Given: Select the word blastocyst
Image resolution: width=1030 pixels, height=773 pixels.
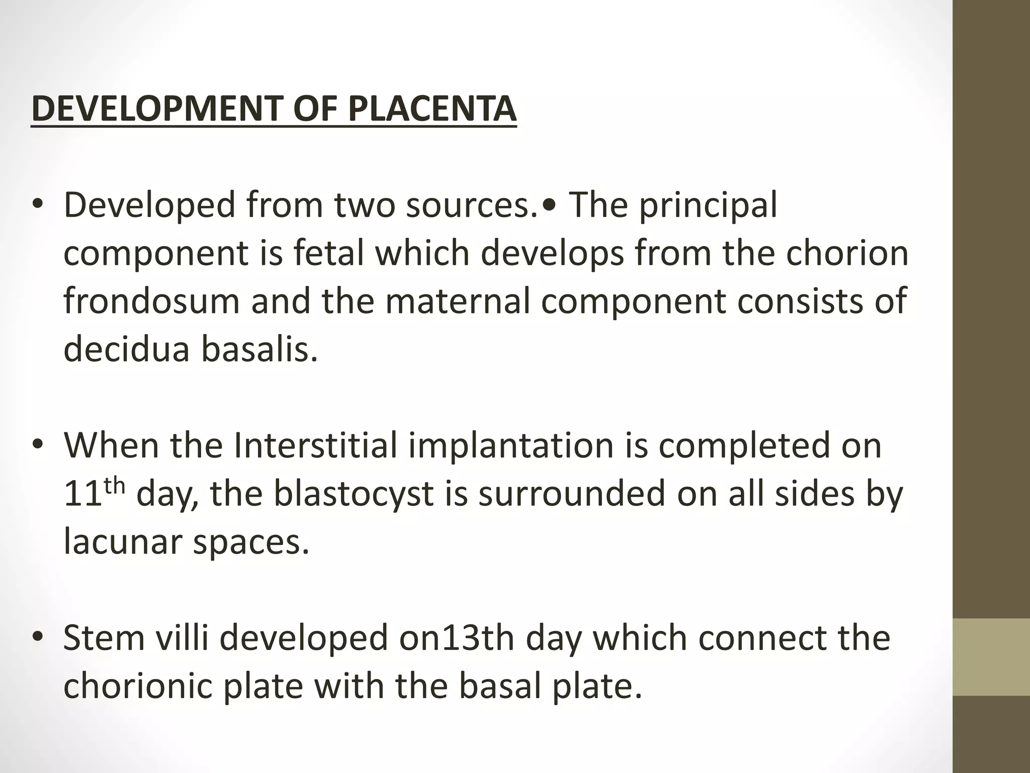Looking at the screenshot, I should [x=354, y=494].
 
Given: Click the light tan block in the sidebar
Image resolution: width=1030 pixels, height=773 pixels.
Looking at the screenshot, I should [x=991, y=657].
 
